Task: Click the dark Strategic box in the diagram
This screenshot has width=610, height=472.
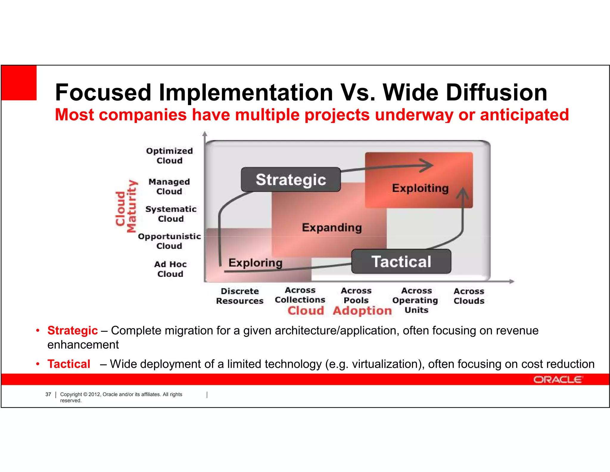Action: tap(291, 180)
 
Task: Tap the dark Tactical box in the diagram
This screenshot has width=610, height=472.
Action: tap(401, 262)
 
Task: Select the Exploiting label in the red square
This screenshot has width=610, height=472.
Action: tap(420, 188)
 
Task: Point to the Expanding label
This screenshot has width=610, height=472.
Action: tap(332, 228)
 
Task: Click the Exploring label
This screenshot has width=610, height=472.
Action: tap(255, 263)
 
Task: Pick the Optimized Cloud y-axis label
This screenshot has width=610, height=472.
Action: tap(169, 156)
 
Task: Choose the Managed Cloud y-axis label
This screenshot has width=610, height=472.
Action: tap(169, 186)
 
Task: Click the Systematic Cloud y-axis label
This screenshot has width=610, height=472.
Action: tap(171, 214)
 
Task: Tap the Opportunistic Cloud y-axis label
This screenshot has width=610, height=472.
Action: tap(169, 241)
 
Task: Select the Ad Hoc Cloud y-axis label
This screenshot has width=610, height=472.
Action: tap(170, 269)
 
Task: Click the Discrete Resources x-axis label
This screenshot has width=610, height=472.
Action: tap(240, 296)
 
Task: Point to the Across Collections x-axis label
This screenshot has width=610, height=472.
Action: tap(300, 295)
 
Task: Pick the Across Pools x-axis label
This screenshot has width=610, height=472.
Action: tap(356, 295)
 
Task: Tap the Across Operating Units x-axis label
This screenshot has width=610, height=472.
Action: tap(416, 300)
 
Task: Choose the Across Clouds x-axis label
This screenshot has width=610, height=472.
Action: tap(469, 296)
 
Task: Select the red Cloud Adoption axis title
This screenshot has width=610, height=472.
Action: tap(340, 311)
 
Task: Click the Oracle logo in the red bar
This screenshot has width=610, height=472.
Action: tap(557, 380)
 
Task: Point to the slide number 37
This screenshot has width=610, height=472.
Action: tap(48, 394)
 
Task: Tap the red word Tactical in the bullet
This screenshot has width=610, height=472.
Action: tap(69, 364)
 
